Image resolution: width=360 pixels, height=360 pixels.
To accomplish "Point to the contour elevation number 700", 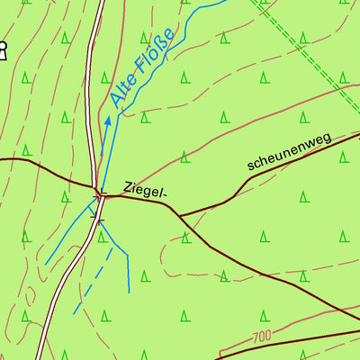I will (x=262, y=337).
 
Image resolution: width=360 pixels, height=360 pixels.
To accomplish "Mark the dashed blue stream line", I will (x=93, y=281).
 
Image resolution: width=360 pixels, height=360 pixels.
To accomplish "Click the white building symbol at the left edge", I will (x=2, y=51).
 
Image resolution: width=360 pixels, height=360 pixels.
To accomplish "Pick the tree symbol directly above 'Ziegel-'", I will (x=184, y=157).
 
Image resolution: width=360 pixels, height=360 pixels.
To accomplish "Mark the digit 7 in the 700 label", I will (x=256, y=337).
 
